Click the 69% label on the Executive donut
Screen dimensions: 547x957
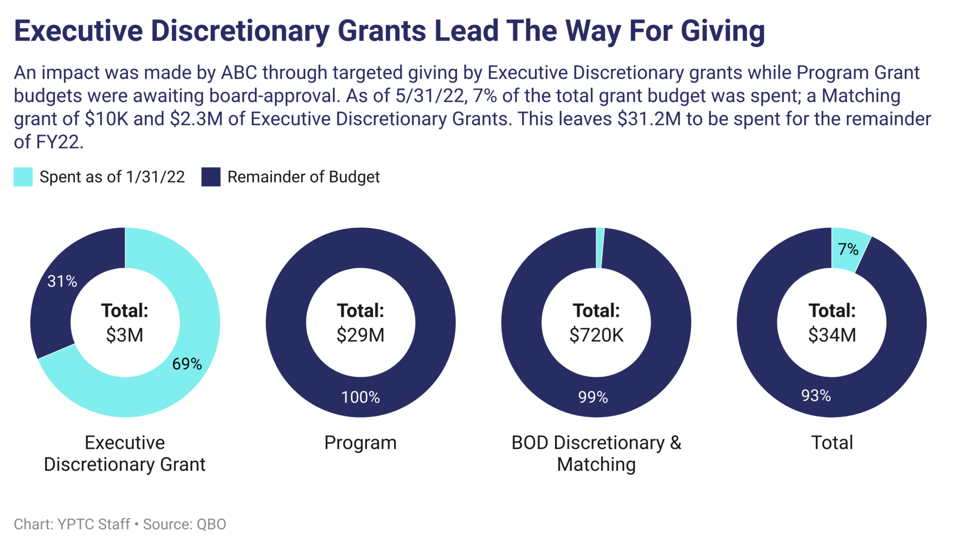(x=187, y=364)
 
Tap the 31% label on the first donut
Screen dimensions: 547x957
(x=62, y=281)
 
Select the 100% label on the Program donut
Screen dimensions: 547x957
(x=360, y=397)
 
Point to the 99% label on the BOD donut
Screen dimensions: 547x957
(x=593, y=397)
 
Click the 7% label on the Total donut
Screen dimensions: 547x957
(x=848, y=249)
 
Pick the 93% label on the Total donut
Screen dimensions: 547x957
(x=816, y=396)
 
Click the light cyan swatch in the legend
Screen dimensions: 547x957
(x=23, y=177)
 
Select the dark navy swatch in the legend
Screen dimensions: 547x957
(x=211, y=177)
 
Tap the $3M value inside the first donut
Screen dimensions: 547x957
(x=125, y=335)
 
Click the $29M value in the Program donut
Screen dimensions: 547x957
(x=360, y=335)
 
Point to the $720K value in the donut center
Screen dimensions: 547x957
(x=596, y=335)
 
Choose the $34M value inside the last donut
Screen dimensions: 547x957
(x=832, y=335)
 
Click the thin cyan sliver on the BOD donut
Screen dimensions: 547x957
(x=600, y=248)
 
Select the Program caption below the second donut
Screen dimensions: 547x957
(x=360, y=442)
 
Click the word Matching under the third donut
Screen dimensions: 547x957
(x=596, y=464)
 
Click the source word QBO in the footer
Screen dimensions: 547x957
(x=211, y=524)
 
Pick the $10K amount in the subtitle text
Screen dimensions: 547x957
(x=107, y=119)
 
